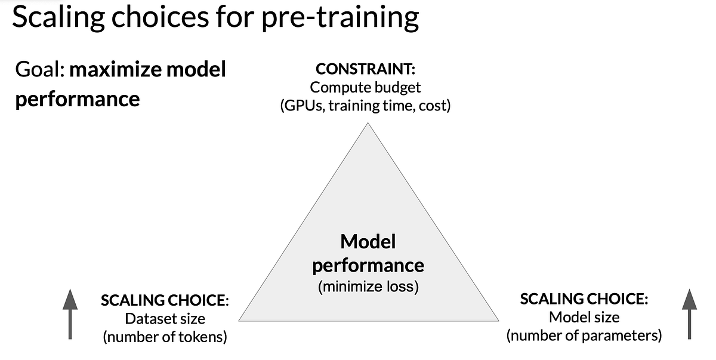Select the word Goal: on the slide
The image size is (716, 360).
[39, 70]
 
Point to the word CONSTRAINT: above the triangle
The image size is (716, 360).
[365, 70]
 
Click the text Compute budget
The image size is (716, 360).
[365, 88]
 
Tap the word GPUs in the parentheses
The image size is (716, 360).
[303, 106]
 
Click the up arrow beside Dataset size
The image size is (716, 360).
[70, 314]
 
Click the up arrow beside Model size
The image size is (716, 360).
[689, 314]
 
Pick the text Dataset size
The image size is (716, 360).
[165, 318]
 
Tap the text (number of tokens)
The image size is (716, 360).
[165, 337]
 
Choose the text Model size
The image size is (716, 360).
[584, 317]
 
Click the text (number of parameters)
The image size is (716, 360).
[584, 336]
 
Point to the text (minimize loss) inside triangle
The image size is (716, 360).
[368, 287]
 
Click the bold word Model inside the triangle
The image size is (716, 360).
[368, 242]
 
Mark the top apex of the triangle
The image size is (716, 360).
[368, 124]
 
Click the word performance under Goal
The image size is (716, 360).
[77, 99]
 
